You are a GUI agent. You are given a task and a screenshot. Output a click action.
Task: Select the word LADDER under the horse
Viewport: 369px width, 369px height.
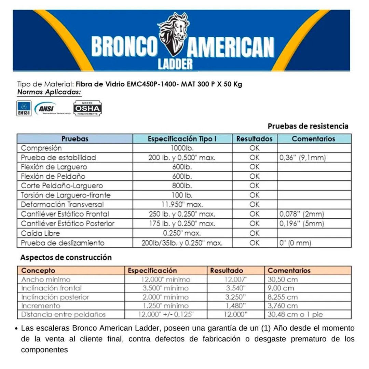(x=175, y=64)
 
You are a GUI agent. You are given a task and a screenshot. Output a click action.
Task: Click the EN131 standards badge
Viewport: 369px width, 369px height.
(x=24, y=108)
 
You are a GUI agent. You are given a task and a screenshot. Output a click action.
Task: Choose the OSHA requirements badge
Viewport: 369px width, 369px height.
(x=88, y=108)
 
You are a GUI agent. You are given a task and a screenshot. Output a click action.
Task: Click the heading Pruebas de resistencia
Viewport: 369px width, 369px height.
(x=308, y=126)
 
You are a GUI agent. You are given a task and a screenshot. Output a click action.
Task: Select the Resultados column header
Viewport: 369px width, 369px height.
(x=254, y=139)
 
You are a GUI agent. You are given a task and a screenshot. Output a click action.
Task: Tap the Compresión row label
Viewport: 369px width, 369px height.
(x=41, y=148)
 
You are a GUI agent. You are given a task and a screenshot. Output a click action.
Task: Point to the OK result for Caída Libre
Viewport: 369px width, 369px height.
(x=254, y=233)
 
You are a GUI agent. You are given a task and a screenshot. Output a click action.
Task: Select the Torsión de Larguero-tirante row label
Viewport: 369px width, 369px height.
(x=66, y=195)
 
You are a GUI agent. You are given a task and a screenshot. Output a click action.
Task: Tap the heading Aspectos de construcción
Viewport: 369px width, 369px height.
(x=66, y=257)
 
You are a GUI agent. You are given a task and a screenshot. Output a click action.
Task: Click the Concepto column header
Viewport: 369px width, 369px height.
(x=38, y=271)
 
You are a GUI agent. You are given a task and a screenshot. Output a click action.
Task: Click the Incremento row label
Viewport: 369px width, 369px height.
(x=41, y=306)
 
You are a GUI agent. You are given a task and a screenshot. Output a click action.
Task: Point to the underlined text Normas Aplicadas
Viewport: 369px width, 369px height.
(x=50, y=92)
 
